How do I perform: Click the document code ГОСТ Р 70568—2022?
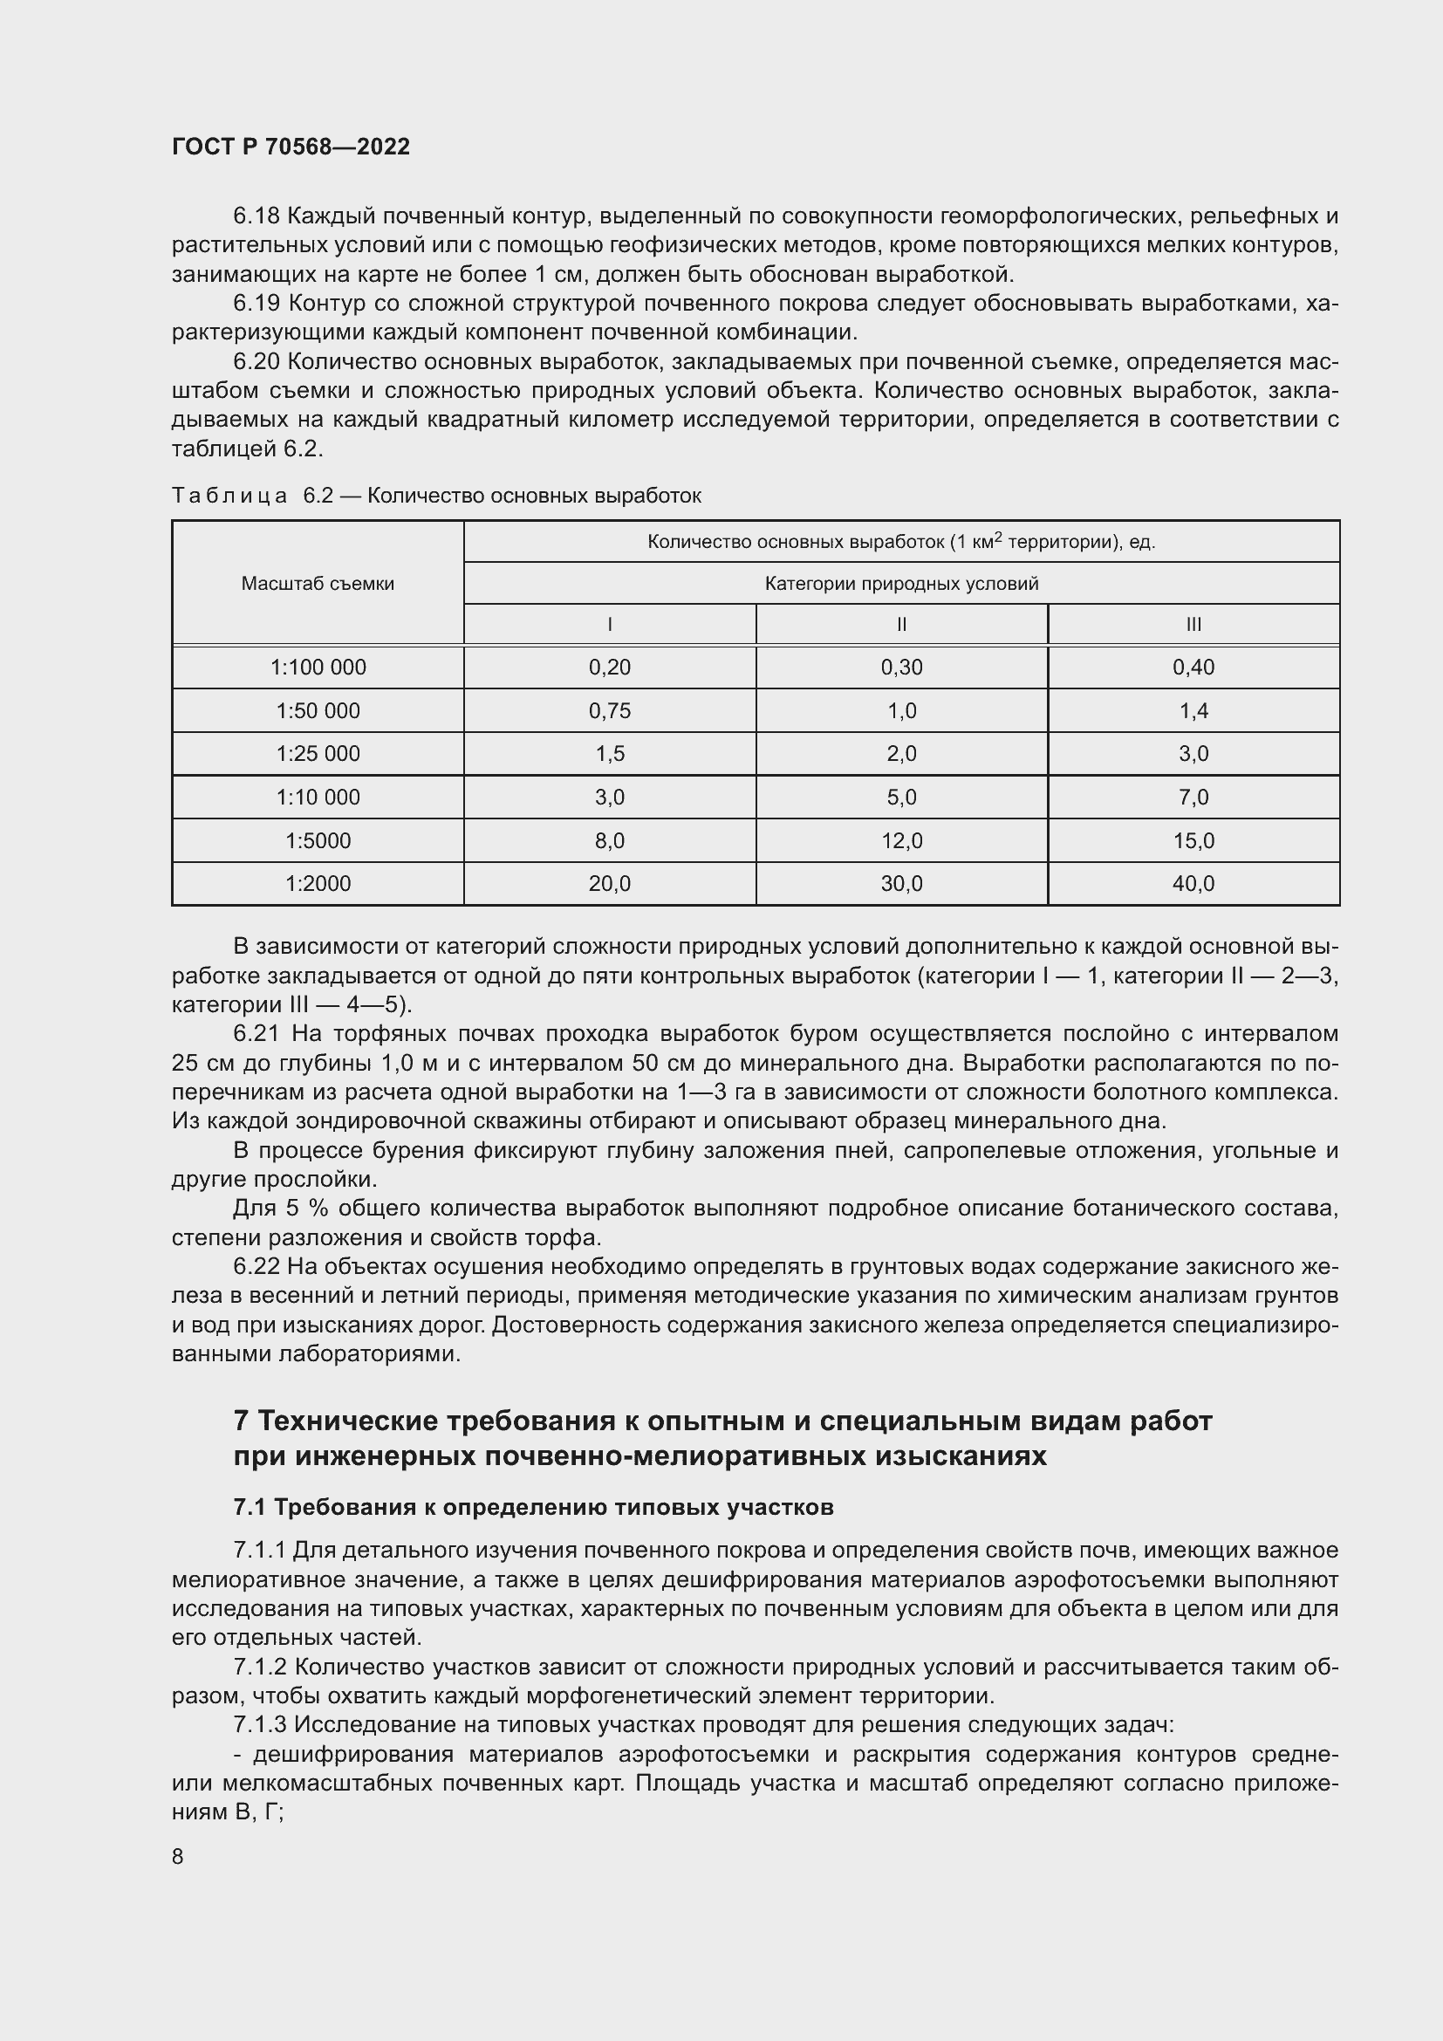tap(291, 147)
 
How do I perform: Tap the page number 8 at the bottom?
tap(178, 1856)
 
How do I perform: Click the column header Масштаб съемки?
tap(318, 584)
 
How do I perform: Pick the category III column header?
tap(1193, 624)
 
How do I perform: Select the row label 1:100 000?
tap(318, 668)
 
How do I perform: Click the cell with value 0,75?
tap(610, 711)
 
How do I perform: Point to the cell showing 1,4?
tap(1193, 711)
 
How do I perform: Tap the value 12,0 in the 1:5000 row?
tap(901, 841)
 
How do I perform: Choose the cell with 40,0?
tap(1193, 884)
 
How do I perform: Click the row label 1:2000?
tap(318, 884)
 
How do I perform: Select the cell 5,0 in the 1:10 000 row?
tap(901, 798)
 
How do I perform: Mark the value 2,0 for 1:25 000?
tap(901, 754)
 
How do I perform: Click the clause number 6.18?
tap(256, 216)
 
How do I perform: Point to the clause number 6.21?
tap(256, 1034)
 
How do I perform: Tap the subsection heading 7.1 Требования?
tap(533, 1507)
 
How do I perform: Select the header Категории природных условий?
tap(901, 584)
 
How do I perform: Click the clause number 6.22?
tap(256, 1267)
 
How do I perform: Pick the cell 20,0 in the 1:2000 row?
tap(610, 884)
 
